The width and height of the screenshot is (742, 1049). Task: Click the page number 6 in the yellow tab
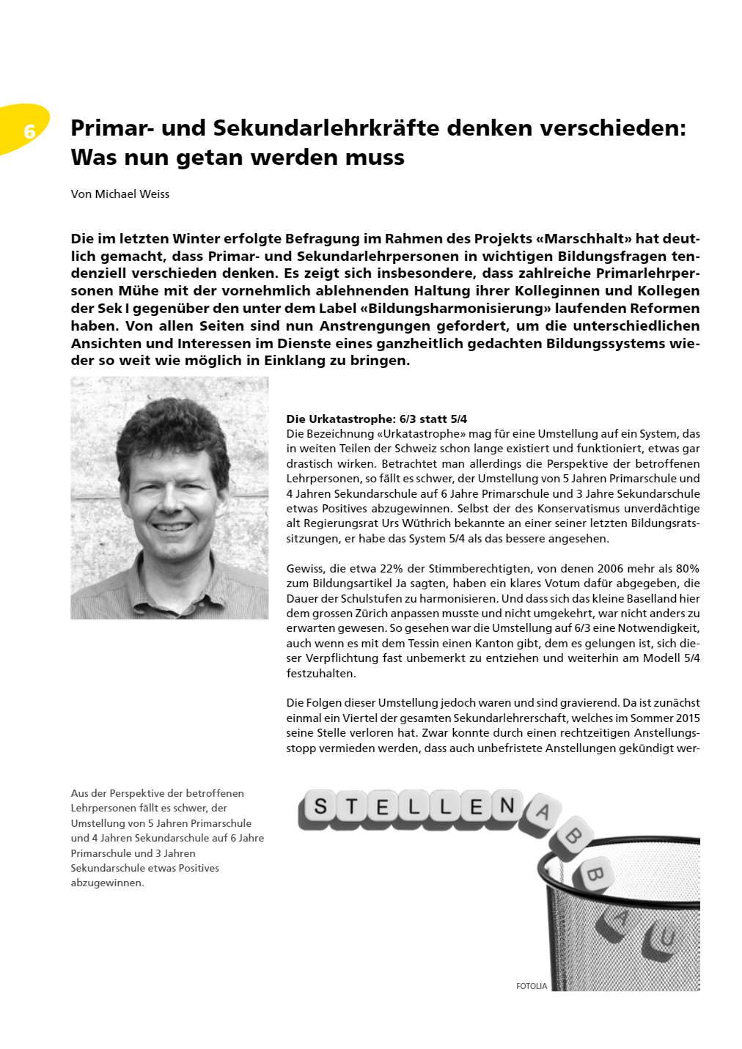pos(29,131)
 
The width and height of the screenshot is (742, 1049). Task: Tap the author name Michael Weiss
pos(132,194)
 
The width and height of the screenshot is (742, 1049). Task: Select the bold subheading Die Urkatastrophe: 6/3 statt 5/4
pos(376,419)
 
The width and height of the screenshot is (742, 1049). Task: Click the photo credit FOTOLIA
pos(532,987)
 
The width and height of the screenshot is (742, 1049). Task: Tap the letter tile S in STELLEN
pos(320,806)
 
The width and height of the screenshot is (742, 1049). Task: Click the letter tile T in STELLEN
pos(351,807)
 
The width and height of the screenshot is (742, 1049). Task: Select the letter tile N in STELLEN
pos(507,806)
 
